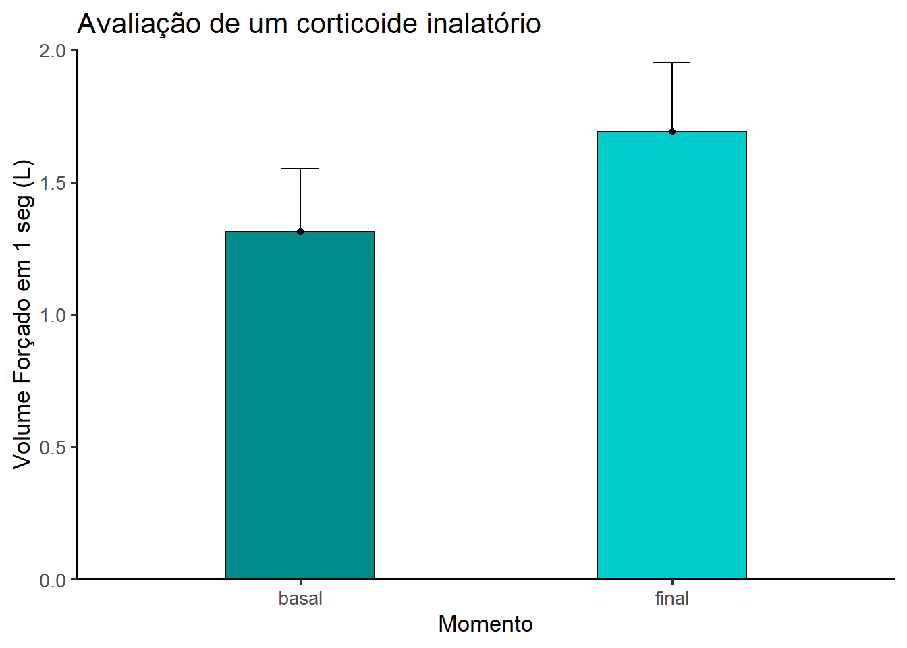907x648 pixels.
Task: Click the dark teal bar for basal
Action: (300, 405)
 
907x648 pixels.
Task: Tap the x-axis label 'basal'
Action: (300, 599)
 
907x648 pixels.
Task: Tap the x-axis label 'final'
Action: (671, 599)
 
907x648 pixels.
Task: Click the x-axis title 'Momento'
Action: (485, 624)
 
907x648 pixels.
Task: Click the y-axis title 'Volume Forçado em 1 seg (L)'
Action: (22, 315)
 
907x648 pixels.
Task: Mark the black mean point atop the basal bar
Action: (300, 232)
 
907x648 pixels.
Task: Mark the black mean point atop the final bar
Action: (672, 132)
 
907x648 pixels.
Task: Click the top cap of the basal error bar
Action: (300, 169)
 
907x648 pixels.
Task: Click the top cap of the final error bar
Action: (672, 63)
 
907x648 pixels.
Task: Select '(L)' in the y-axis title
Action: (22, 173)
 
